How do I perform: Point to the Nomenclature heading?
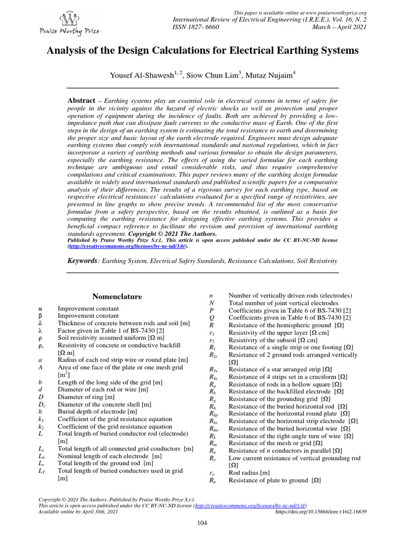click(114, 296)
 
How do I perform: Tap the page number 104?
click(202, 523)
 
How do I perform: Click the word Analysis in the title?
click(67, 51)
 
